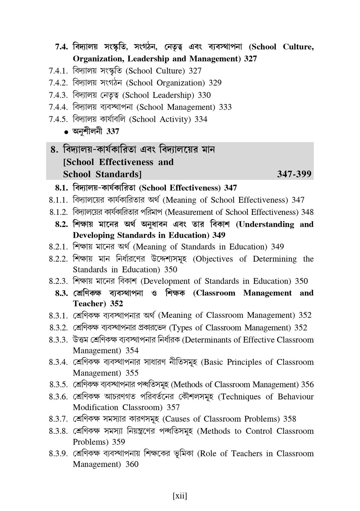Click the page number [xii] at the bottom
(180, 496)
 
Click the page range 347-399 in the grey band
(294, 174)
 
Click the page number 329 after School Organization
(215, 83)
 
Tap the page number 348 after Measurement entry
(307, 212)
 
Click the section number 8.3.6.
(59, 397)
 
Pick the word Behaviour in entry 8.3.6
(295, 397)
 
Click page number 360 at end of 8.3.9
(132, 464)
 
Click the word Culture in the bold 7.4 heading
(298, 47)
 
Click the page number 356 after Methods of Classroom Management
(307, 385)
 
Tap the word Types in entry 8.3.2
(182, 328)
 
